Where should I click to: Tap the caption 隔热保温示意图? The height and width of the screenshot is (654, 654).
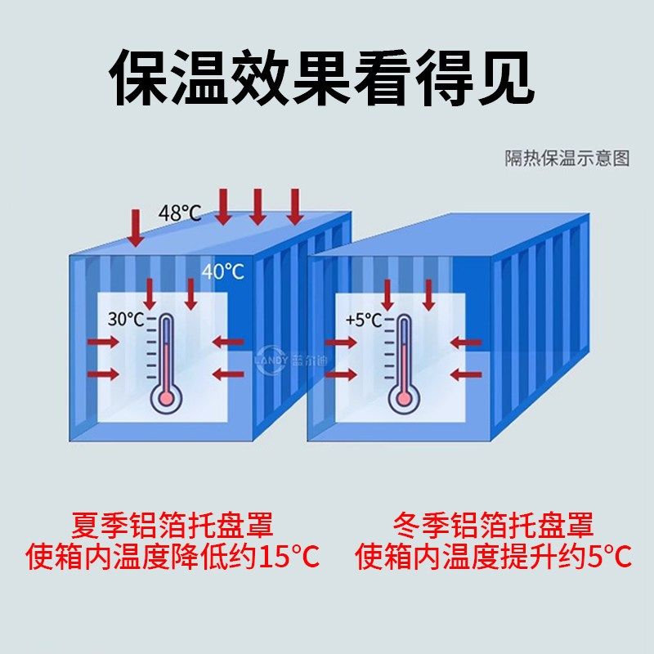coord(567,159)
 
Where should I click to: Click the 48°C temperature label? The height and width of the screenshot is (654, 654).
coord(180,213)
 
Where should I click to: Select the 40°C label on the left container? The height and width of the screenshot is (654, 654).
coord(223,271)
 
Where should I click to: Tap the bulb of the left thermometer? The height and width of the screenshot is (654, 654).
coord(167,399)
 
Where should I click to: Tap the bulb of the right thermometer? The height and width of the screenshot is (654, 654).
coord(402,399)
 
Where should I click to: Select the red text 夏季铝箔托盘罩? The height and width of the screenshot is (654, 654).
coord(171,523)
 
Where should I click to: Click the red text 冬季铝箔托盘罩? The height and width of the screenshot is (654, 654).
coord(492,523)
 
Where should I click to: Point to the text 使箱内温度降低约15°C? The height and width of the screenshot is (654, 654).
coord(172,558)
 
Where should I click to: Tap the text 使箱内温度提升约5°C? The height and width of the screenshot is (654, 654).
coord(493,558)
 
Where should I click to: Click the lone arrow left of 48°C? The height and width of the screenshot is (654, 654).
coord(136,228)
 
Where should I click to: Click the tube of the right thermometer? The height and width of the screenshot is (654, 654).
coord(402,352)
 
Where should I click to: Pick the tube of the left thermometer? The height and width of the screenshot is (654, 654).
coord(167,352)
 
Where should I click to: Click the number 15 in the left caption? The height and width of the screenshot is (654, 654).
coord(271,558)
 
